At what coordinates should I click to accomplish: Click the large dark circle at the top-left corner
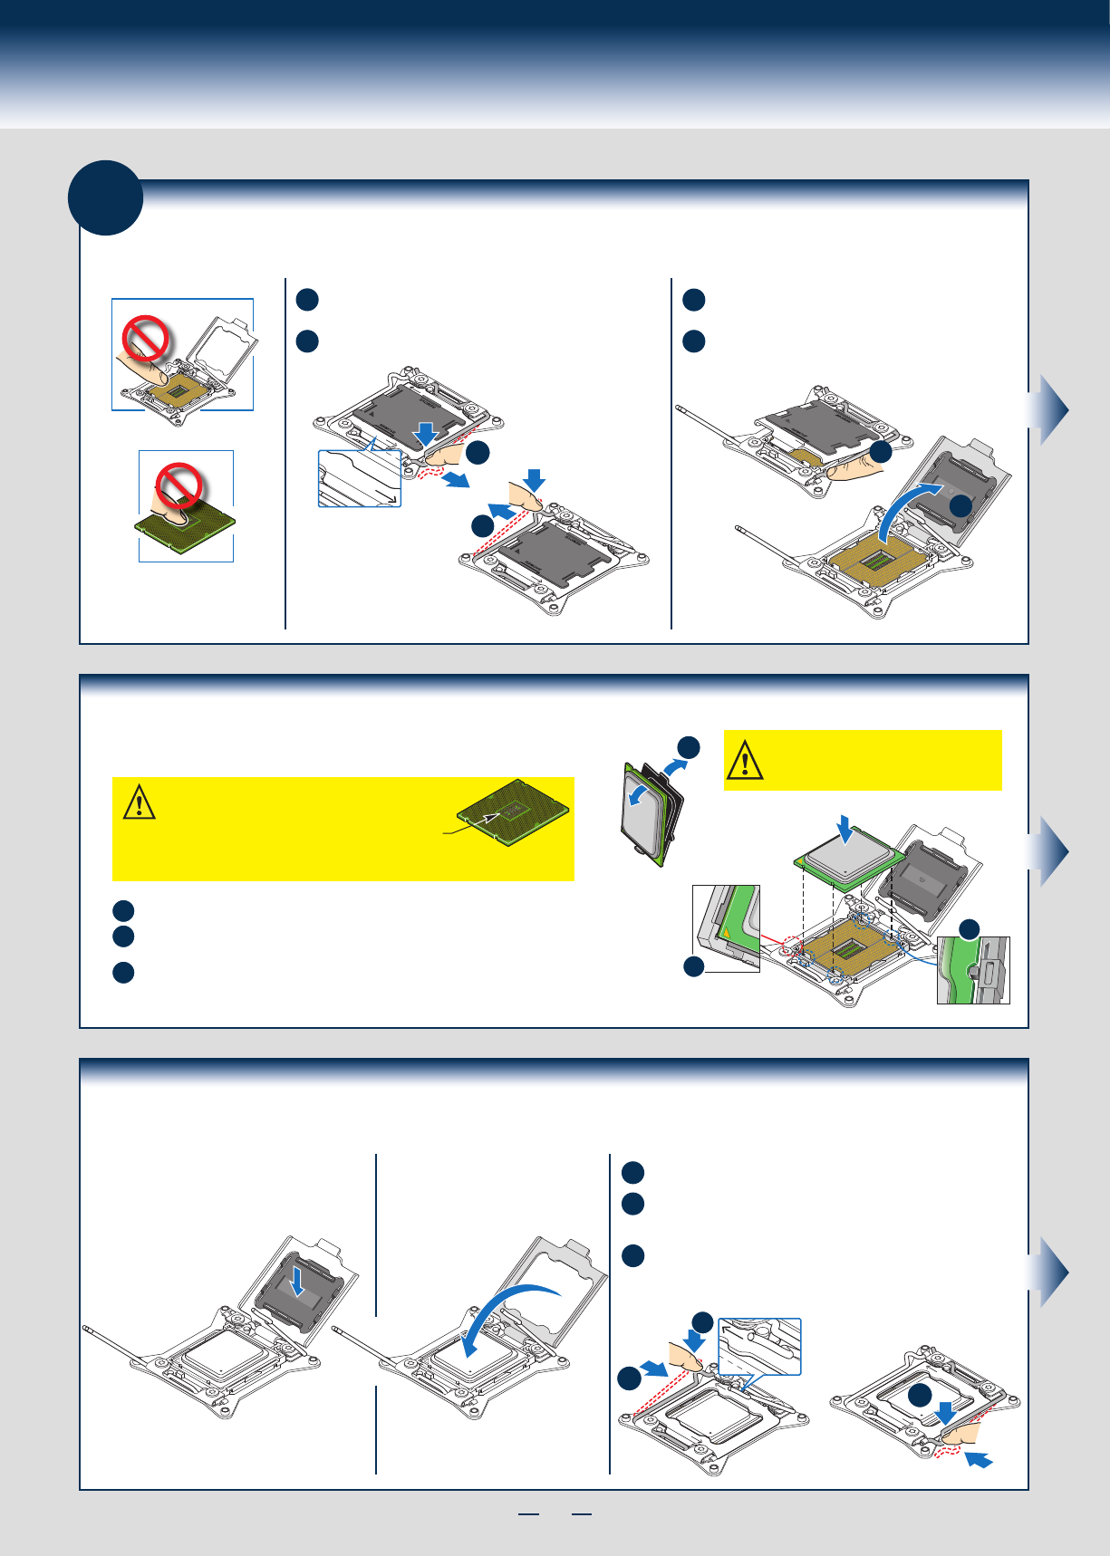[106, 197]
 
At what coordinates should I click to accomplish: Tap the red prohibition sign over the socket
[146, 339]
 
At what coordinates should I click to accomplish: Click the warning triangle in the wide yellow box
[139, 803]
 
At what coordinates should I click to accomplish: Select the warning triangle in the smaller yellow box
[745, 761]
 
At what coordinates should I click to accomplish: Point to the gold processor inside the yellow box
[513, 811]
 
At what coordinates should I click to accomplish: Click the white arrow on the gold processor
[489, 817]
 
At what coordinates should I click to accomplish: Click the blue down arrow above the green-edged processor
[845, 828]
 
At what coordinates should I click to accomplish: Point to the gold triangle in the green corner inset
[725, 931]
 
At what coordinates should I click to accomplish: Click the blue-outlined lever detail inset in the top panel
[360, 478]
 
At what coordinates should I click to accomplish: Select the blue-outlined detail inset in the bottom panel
[760, 1347]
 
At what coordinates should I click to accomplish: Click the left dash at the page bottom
[527, 1514]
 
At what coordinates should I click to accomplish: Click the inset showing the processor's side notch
[973, 970]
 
